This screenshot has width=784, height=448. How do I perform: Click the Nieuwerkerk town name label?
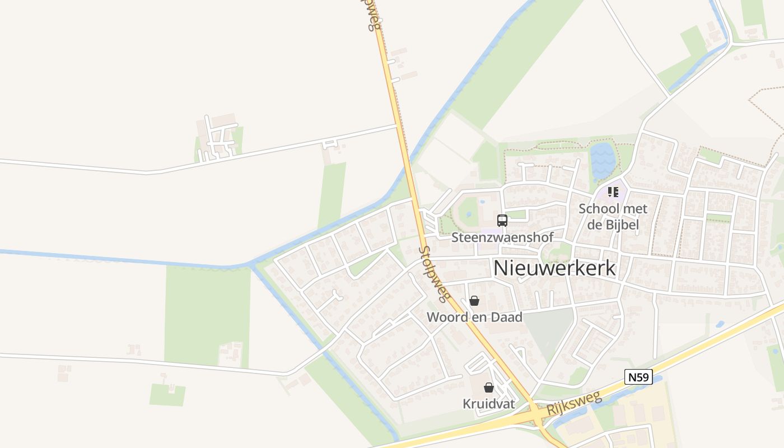pyautogui.click(x=554, y=268)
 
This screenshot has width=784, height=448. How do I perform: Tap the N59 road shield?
pyautogui.click(x=638, y=377)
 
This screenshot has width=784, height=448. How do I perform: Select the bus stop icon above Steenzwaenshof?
pyautogui.click(x=502, y=221)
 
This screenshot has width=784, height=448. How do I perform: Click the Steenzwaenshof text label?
pyautogui.click(x=502, y=237)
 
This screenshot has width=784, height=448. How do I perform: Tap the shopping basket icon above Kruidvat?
pyautogui.click(x=489, y=388)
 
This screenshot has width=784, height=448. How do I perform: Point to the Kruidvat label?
pyautogui.click(x=489, y=404)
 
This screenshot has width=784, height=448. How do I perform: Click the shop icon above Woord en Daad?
pyautogui.click(x=474, y=301)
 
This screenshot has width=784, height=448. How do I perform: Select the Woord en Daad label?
pyautogui.click(x=474, y=317)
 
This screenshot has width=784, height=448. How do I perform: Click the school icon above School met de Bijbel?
pyautogui.click(x=613, y=192)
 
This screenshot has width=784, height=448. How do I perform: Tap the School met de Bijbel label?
pyautogui.click(x=613, y=217)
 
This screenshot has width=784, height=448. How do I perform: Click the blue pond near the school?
pyautogui.click(x=603, y=160)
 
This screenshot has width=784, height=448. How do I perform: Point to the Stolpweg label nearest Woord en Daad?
pyautogui.click(x=435, y=273)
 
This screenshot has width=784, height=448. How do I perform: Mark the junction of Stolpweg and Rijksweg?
pyautogui.click(x=539, y=415)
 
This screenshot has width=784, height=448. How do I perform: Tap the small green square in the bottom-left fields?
pyautogui.click(x=167, y=395)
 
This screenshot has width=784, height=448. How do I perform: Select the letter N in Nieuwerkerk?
pyautogui.click(x=501, y=268)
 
